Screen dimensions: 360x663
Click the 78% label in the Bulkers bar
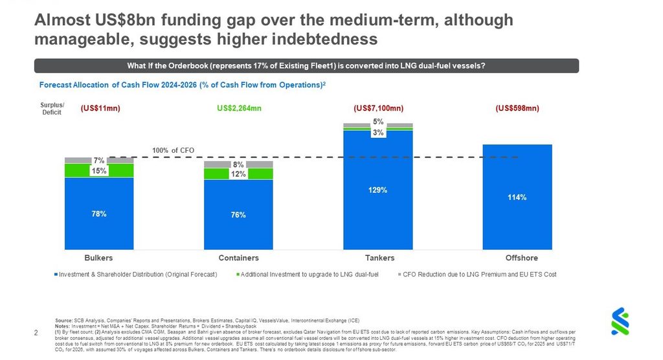(x=99, y=213)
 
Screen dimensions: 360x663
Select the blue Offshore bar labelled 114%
(x=517, y=197)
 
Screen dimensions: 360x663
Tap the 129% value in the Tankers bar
(x=377, y=190)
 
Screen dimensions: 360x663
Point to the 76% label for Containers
(x=238, y=214)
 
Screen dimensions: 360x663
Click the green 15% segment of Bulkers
(x=99, y=170)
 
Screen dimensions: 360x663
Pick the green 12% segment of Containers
(x=238, y=174)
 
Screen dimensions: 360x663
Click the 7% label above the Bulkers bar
(x=99, y=160)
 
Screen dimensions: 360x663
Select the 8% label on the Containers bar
(x=238, y=164)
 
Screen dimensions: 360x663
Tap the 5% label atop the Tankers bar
(x=378, y=122)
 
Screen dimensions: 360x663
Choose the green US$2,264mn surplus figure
(x=239, y=108)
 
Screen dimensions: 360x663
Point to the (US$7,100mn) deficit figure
(x=378, y=108)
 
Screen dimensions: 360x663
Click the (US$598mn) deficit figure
(x=517, y=108)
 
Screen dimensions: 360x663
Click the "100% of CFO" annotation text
(x=173, y=151)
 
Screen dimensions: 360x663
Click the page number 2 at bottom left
(x=36, y=333)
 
